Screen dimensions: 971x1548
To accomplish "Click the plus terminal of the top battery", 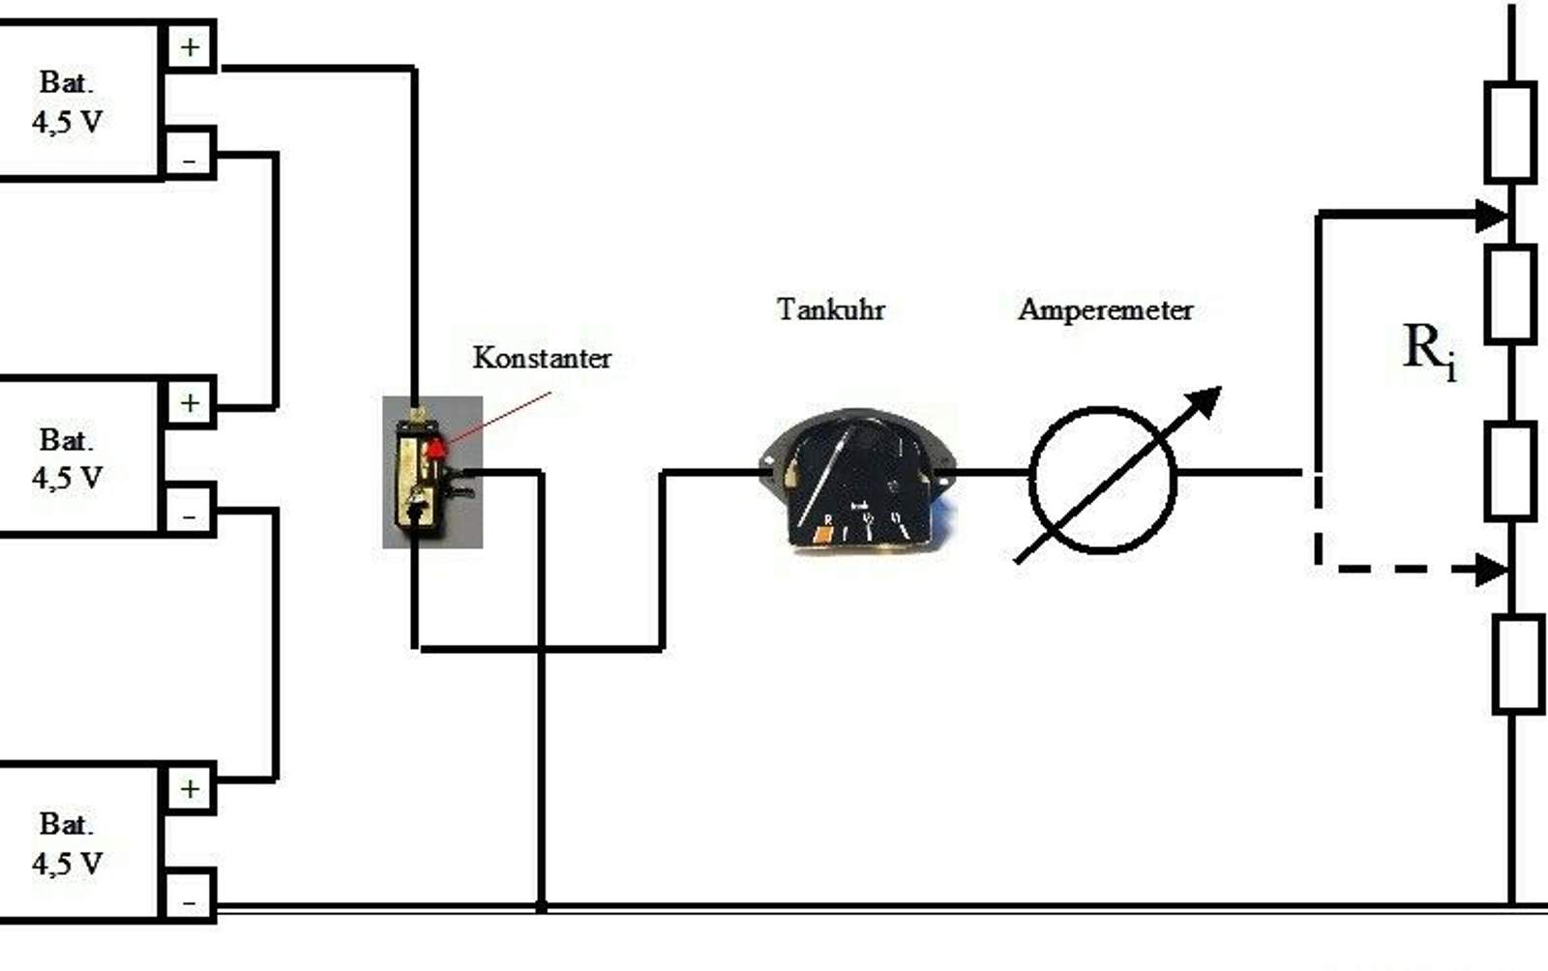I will click(190, 46).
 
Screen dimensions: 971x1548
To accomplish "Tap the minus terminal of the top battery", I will click(190, 155).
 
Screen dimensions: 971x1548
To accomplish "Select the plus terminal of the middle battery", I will click(190, 402).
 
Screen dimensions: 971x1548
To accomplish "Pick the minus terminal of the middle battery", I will click(190, 513).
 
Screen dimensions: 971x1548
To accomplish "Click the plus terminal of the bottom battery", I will click(190, 789).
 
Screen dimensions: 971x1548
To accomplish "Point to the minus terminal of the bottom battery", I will click(190, 899).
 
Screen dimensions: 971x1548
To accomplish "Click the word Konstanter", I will click(542, 358).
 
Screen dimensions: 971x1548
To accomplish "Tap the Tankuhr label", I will click(830, 309).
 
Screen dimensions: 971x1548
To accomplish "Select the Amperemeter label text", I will click(1105, 309).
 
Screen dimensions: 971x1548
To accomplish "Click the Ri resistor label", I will click(1428, 350).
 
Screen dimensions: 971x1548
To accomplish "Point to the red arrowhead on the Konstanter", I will click(437, 447).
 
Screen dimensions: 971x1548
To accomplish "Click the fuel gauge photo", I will click(857, 480).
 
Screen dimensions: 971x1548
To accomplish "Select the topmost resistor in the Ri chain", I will click(1510, 132).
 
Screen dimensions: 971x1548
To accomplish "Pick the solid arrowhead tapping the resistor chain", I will click(1493, 215).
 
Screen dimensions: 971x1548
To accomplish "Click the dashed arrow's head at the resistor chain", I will click(1493, 569).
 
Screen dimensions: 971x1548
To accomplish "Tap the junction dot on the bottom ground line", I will click(542, 907).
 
